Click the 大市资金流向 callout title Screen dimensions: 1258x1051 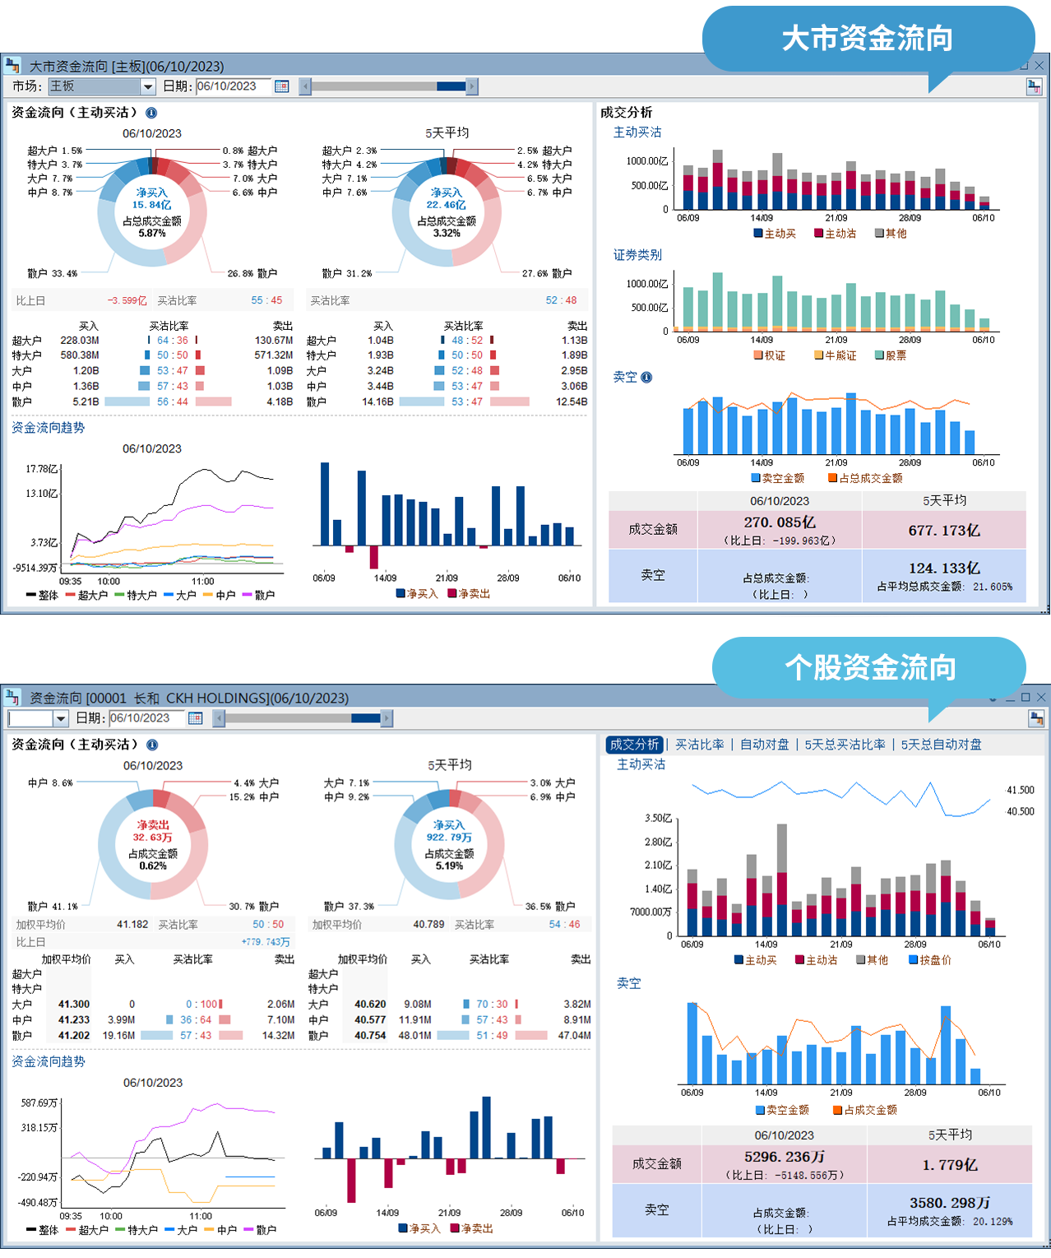point(867,39)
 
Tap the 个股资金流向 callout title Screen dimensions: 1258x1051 point(870,667)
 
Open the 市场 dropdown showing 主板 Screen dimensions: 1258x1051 point(148,86)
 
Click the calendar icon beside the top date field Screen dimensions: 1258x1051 point(282,86)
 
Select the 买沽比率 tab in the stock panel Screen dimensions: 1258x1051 point(699,745)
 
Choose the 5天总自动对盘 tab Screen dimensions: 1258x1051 point(941,745)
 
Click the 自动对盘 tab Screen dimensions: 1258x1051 point(764,745)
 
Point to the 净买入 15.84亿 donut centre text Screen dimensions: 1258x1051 point(152,199)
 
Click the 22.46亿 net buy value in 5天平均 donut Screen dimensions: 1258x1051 point(447,205)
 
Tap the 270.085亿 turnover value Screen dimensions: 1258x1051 point(780,522)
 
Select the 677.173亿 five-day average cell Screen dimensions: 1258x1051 point(944,531)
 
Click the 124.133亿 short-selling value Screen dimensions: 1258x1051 point(944,569)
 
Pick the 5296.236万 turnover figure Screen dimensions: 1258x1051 point(785,1157)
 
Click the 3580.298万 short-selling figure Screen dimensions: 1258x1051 point(950,1203)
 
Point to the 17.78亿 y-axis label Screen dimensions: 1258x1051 point(42,469)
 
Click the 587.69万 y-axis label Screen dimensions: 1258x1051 point(39,1102)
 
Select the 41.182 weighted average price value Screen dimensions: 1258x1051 point(132,925)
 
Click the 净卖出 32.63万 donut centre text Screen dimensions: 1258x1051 point(153,831)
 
